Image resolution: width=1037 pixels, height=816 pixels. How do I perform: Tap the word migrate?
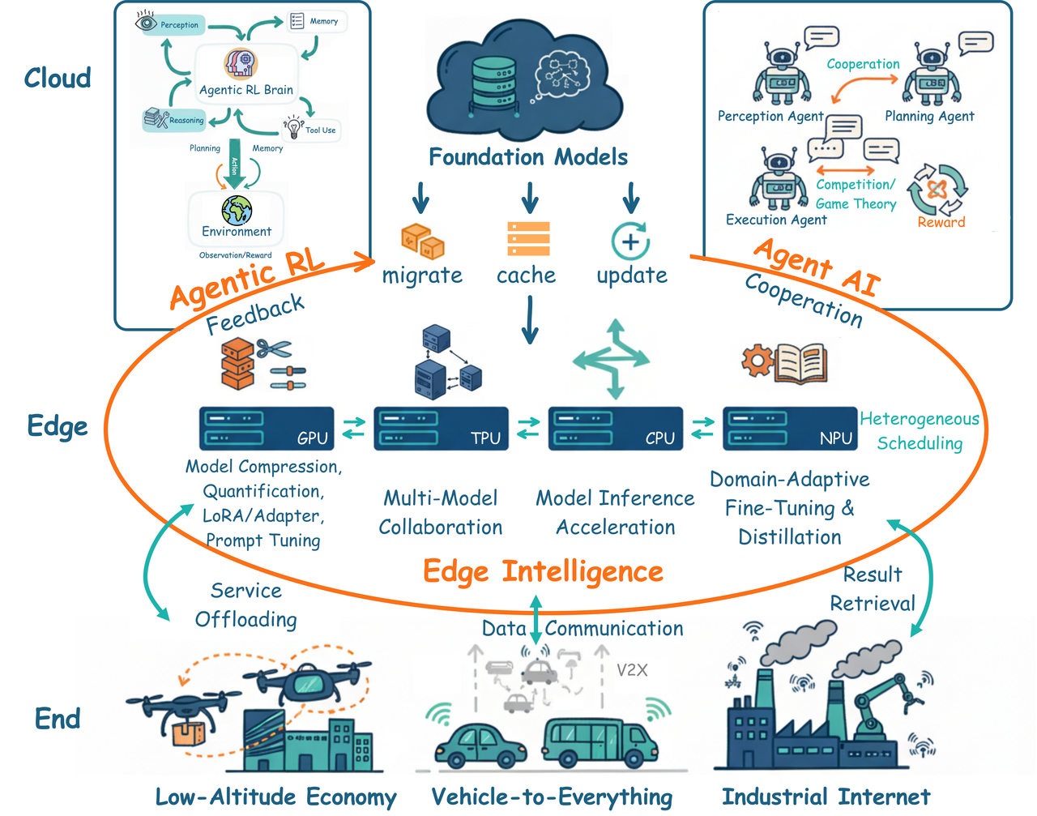(422, 276)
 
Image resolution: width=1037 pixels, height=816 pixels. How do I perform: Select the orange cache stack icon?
(528, 239)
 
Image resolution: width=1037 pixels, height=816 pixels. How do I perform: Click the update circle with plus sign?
(630, 241)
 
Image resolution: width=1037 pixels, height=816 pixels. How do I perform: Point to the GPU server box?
(267, 428)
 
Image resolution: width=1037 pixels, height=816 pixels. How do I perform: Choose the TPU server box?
(442, 428)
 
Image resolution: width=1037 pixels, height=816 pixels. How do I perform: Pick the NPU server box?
(790, 428)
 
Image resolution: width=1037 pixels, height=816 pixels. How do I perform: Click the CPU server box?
(616, 428)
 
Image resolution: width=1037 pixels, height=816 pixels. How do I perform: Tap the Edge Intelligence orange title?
(543, 571)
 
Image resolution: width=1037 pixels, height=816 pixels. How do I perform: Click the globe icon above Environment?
(237, 210)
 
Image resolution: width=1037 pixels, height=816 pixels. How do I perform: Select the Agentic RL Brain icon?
(240, 63)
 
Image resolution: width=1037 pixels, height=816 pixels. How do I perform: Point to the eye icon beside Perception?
(147, 23)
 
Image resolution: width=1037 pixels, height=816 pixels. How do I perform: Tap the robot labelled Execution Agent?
(779, 178)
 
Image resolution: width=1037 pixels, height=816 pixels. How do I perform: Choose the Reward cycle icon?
(937, 190)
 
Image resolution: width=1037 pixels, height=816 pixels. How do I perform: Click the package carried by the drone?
(188, 733)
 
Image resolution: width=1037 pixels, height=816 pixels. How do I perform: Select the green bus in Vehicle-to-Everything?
(593, 741)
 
